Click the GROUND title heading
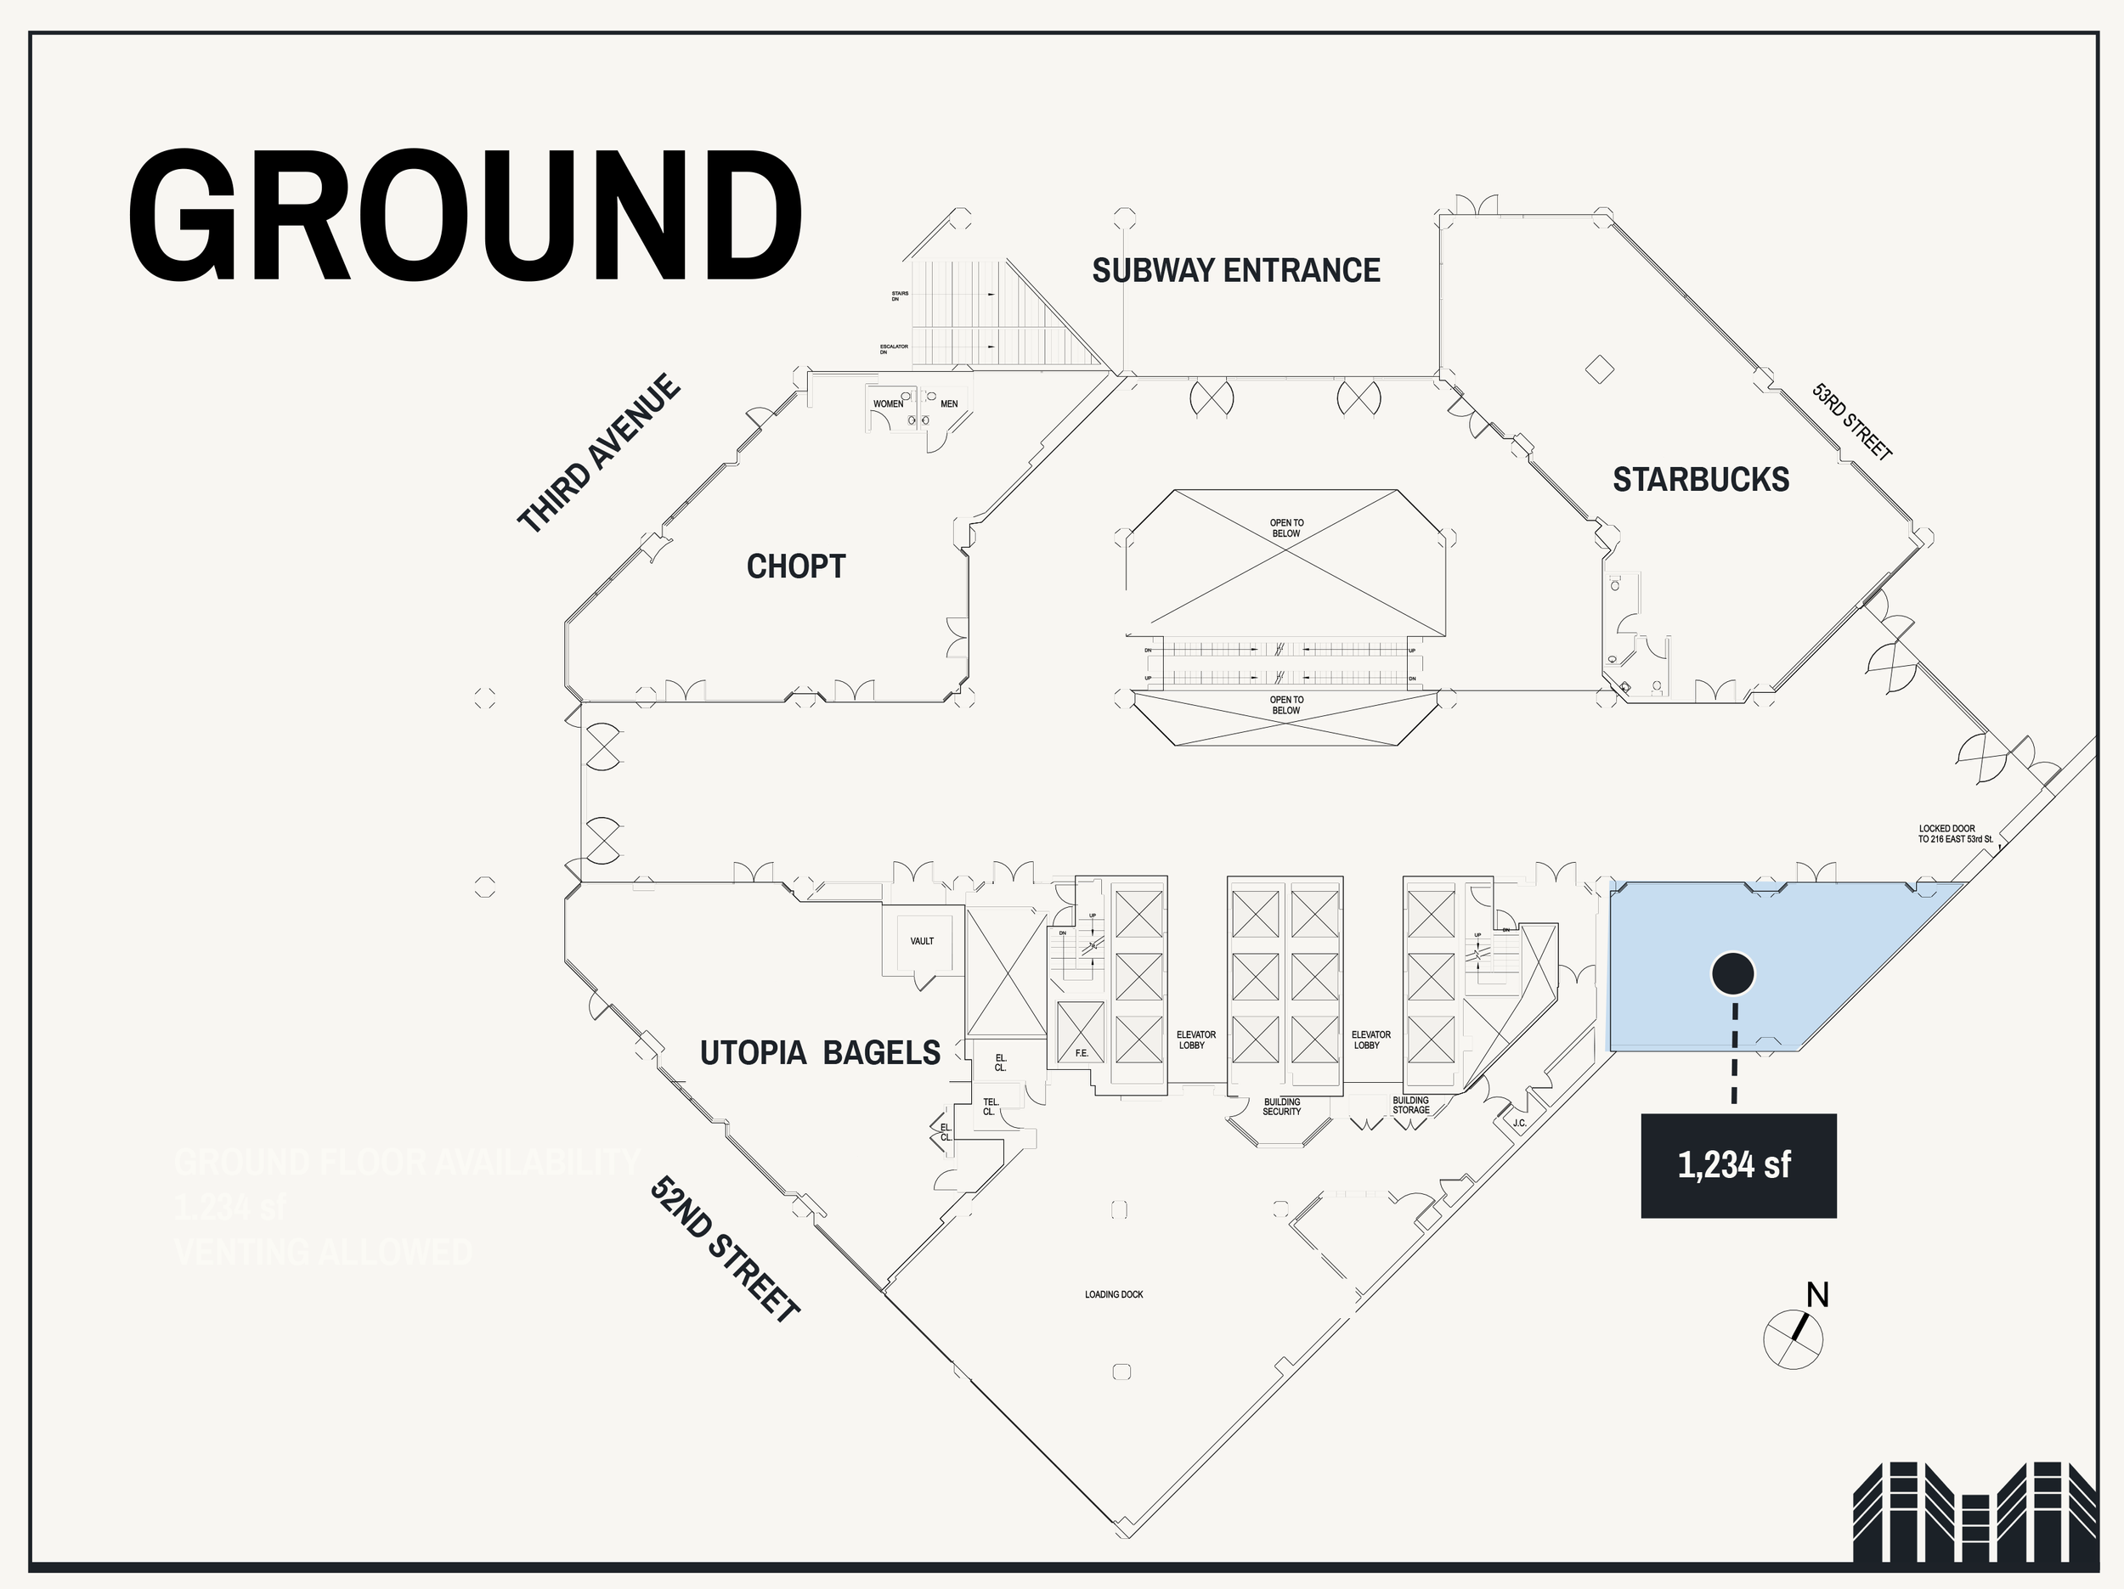click(x=465, y=216)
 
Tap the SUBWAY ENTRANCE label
click(x=1236, y=271)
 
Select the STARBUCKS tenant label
click(x=1701, y=479)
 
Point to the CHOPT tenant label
click(x=796, y=566)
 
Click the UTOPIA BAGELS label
click(x=820, y=1052)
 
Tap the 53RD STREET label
click(x=1851, y=421)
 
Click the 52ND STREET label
click(x=725, y=1249)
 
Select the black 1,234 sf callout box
click(x=1738, y=1165)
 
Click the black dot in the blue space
click(x=1733, y=973)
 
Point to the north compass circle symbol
click(x=1793, y=1338)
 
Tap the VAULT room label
click(x=922, y=941)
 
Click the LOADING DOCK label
click(x=1114, y=1294)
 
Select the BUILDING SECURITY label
click(x=1282, y=1106)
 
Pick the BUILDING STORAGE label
click(x=1410, y=1105)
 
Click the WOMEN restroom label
click(x=888, y=404)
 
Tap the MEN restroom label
click(x=949, y=404)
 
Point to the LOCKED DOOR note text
click(x=1955, y=833)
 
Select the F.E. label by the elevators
click(x=1082, y=1053)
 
